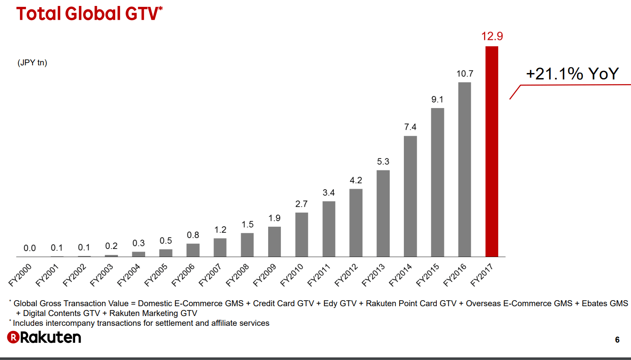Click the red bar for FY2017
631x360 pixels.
click(x=491, y=152)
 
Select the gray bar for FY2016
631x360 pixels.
click(x=464, y=170)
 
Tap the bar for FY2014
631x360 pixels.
click(x=410, y=196)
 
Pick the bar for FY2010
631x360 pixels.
click(x=301, y=234)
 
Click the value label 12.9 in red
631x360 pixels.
click(x=492, y=36)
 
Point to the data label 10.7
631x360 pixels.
click(x=464, y=74)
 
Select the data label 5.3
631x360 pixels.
click(x=383, y=161)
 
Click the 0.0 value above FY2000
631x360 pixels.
click(x=29, y=248)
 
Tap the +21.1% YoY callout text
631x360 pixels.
click(x=572, y=74)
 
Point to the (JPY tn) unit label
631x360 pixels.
click(x=32, y=63)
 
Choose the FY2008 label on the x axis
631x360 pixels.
click(x=238, y=275)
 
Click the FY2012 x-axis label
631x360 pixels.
click(x=346, y=275)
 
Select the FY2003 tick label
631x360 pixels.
click(x=102, y=275)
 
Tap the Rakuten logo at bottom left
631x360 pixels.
click(x=44, y=337)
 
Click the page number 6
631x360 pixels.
click(x=617, y=340)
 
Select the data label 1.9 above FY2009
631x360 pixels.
click(x=275, y=218)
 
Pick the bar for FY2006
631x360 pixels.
click(x=193, y=250)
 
